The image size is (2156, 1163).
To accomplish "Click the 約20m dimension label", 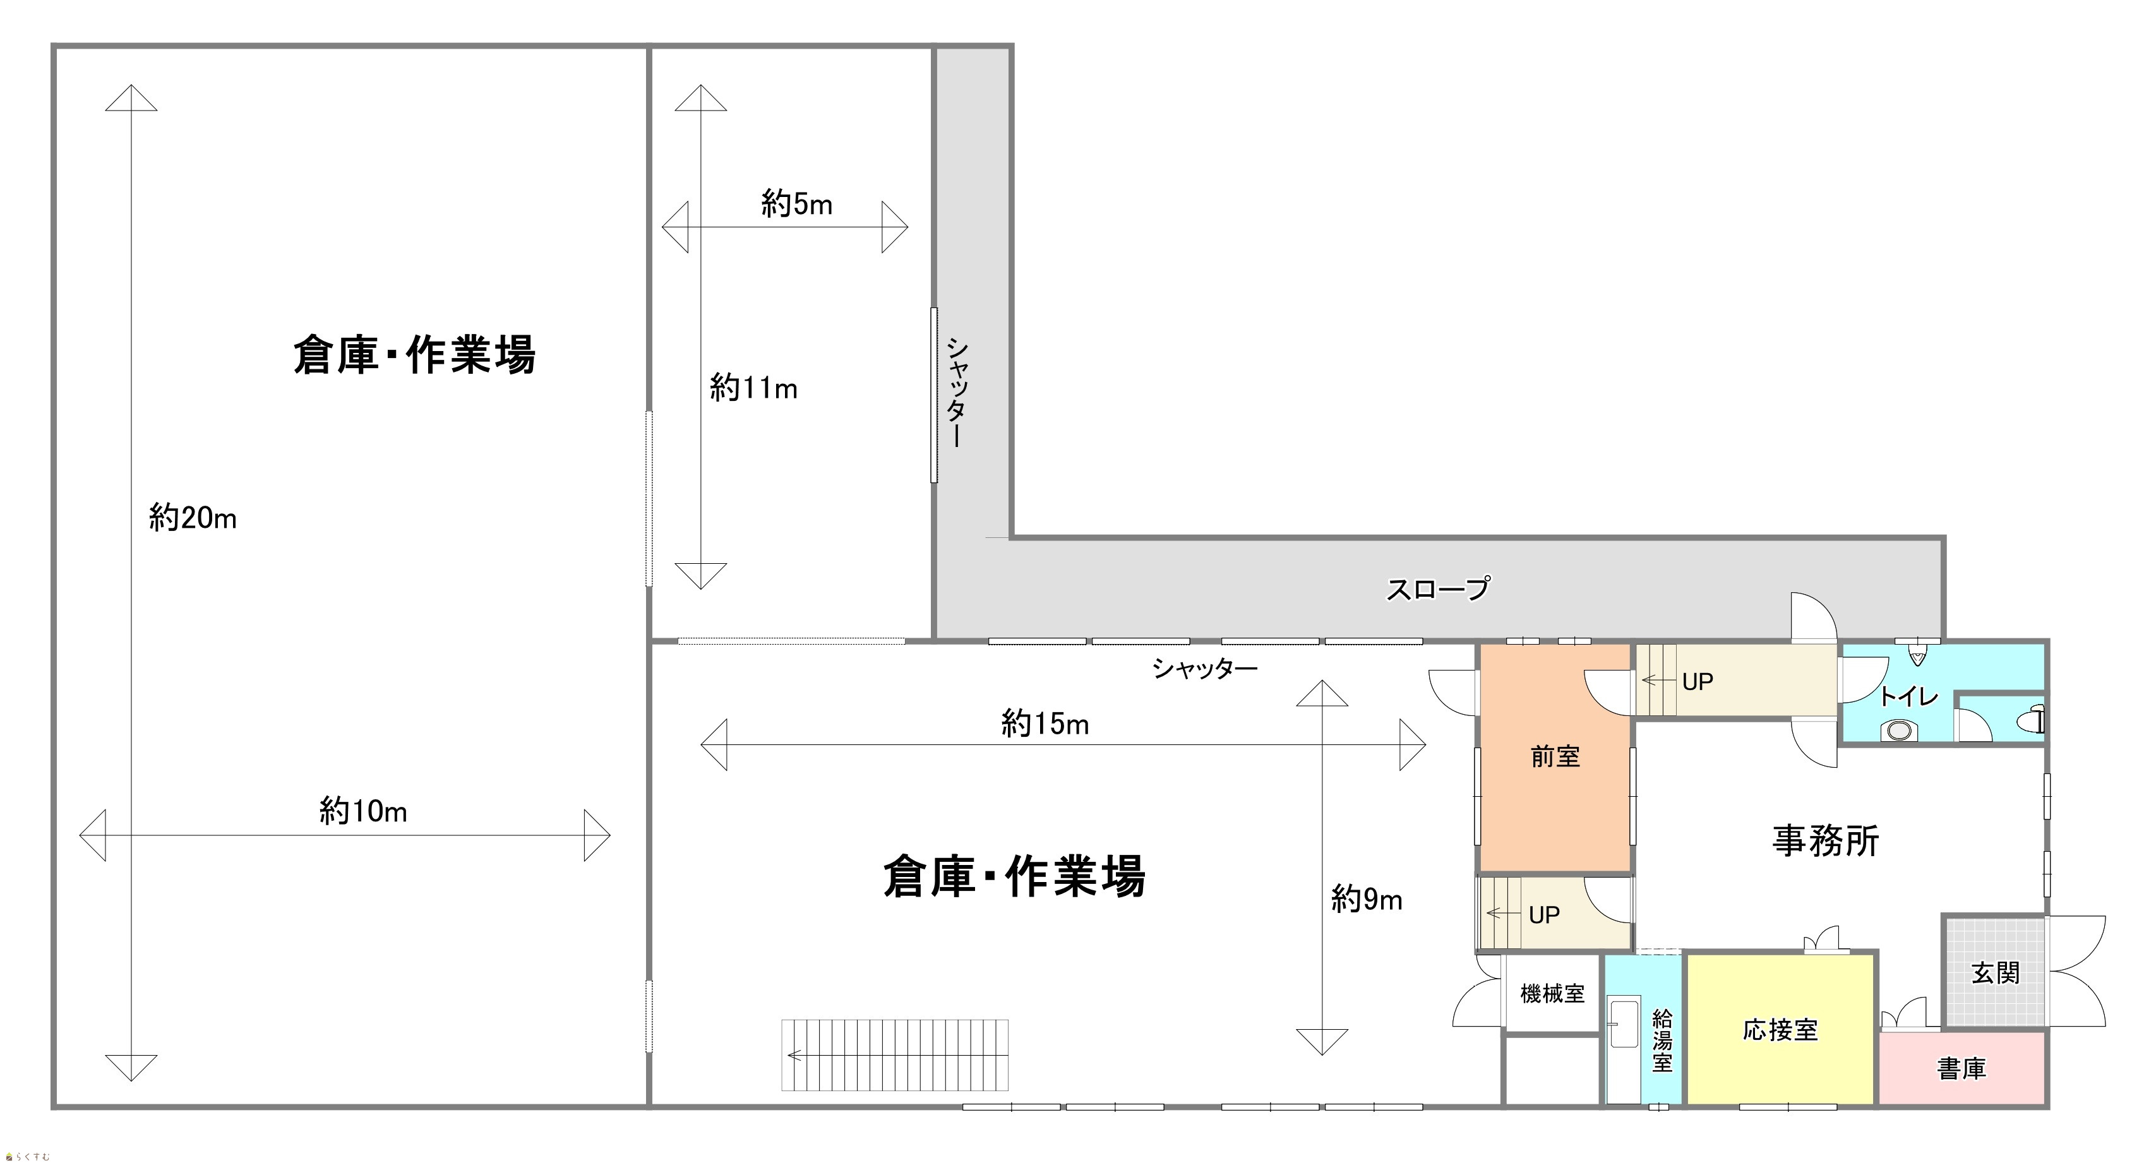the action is click(193, 518).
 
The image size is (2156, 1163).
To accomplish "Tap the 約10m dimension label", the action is click(363, 810).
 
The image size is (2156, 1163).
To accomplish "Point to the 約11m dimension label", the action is click(753, 388).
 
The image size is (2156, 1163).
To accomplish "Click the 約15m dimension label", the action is click(1045, 723).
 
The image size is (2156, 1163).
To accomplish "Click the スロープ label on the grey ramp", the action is click(1438, 589).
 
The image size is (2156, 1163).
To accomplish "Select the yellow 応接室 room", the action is click(1780, 1029).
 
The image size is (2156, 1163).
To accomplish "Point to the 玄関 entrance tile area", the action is click(1994, 972).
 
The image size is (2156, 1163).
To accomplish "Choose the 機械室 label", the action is click(1552, 993).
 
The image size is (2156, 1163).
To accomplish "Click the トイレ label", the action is click(1909, 696).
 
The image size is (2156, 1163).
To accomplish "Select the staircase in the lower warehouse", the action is click(895, 1055).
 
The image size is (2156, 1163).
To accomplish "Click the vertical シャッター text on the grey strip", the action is click(957, 391).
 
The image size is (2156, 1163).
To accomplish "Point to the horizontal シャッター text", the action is click(1205, 667).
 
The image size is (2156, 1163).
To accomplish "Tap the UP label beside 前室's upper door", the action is click(1698, 682).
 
